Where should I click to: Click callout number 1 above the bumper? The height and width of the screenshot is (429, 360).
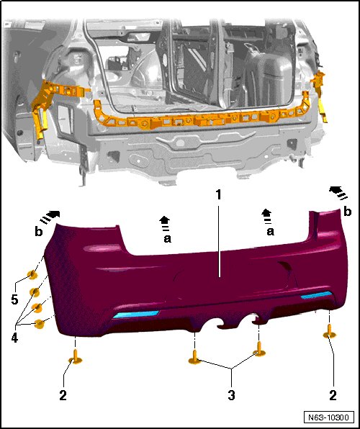point(218,195)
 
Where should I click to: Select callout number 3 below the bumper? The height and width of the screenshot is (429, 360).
point(231,395)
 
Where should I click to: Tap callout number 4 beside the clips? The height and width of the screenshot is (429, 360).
point(14,338)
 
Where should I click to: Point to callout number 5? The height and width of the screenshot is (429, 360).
point(14,299)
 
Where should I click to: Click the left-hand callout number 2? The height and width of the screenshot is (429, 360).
point(63,395)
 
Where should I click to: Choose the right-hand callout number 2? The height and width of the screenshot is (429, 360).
point(333,395)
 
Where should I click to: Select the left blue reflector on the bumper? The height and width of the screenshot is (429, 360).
point(136,314)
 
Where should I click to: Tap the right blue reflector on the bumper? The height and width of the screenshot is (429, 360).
point(316,295)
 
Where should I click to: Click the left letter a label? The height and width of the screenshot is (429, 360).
point(167,238)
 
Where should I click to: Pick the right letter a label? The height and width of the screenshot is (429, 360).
point(270,232)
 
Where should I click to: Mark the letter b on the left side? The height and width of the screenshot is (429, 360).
point(39,232)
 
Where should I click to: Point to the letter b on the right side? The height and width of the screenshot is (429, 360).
point(348,211)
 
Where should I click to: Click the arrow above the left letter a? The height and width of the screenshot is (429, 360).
point(165,222)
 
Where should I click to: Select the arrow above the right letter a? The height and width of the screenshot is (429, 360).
point(266,214)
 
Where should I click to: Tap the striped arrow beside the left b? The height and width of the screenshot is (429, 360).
point(50,217)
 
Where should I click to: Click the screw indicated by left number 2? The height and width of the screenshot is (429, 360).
point(75,357)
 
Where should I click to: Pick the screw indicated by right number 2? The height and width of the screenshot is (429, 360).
point(330,331)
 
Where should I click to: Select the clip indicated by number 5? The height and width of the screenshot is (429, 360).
point(32,274)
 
